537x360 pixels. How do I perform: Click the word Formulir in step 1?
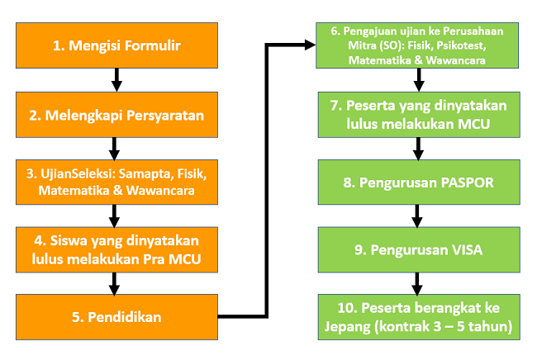(152, 45)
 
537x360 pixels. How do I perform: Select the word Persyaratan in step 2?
(165, 116)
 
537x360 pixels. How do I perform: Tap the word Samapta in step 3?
(146, 174)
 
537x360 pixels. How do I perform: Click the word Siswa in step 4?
(69, 241)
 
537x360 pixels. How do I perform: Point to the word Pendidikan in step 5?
(125, 317)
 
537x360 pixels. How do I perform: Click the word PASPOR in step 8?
(467, 182)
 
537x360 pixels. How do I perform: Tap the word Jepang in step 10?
(347, 327)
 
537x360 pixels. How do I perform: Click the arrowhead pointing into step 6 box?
(311, 45)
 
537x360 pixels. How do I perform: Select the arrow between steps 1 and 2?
(116, 80)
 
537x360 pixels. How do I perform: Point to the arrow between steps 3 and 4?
(114, 216)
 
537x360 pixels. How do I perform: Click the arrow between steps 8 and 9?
(416, 216)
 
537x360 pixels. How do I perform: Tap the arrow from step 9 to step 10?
(416, 284)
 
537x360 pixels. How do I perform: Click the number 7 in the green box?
(335, 106)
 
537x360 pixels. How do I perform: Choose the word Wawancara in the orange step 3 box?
(160, 191)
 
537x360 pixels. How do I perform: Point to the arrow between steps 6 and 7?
(419, 80)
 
